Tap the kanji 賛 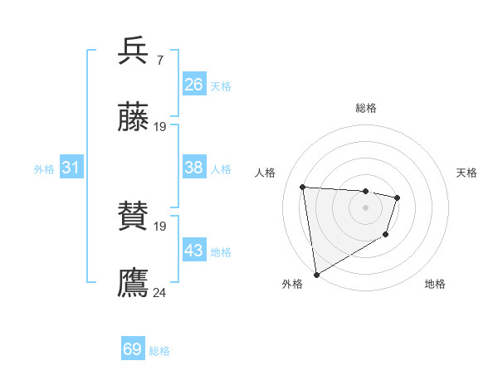coord(133,217)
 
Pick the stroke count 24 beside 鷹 coord(160,292)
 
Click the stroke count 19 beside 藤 coord(160,126)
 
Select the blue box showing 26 coord(193,85)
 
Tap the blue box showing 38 coord(193,168)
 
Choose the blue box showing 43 coord(193,251)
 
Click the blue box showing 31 coord(71,168)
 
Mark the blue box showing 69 coord(133,349)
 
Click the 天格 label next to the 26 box coord(221,85)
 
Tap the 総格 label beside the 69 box coord(159,350)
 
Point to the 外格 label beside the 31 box coord(44,168)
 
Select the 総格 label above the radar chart coord(366,108)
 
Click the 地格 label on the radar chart coord(435,284)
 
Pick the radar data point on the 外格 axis coord(316,274)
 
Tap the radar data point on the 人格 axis coord(303,188)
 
